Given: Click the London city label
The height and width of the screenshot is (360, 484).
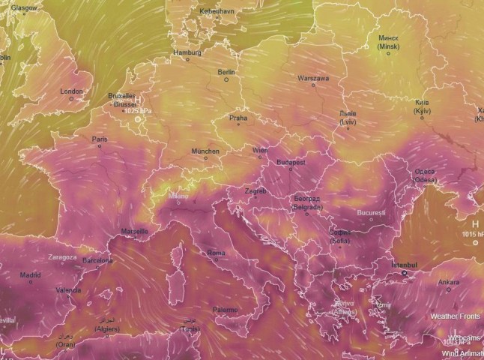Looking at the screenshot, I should pyautogui.click(x=71, y=91).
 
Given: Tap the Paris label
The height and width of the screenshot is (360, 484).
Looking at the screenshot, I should pyautogui.click(x=100, y=139).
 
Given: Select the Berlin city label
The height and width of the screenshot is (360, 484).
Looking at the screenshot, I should pyautogui.click(x=226, y=72).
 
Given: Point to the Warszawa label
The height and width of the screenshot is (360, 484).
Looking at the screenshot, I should pyautogui.click(x=313, y=78).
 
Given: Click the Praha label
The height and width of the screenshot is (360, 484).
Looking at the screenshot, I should pyautogui.click(x=238, y=118).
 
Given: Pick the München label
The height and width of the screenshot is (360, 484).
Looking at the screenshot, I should pyautogui.click(x=205, y=151).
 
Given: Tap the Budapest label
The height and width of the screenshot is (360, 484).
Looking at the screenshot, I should pyautogui.click(x=291, y=162).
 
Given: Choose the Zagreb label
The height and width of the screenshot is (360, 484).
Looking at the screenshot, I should pyautogui.click(x=255, y=191).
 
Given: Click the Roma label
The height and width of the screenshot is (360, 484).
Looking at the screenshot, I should pyautogui.click(x=216, y=253).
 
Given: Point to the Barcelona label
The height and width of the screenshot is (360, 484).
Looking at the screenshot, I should pyautogui.click(x=97, y=261).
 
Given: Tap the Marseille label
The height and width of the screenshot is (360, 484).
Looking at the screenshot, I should pyautogui.click(x=135, y=231).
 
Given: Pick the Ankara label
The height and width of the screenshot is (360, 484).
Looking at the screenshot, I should pyautogui.click(x=449, y=282).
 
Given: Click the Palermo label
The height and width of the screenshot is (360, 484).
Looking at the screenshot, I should pyautogui.click(x=225, y=310).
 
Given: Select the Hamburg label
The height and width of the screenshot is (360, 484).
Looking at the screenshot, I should pyautogui.click(x=187, y=52).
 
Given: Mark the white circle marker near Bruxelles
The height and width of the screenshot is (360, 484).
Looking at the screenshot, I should pyautogui.click(x=137, y=118).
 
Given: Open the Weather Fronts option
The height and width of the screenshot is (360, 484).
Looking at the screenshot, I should pyautogui.click(x=455, y=316).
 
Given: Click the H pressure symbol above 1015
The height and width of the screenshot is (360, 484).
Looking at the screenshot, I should pyautogui.click(x=474, y=224).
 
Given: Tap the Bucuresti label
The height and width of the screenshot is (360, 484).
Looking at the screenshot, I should pyautogui.click(x=371, y=213).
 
